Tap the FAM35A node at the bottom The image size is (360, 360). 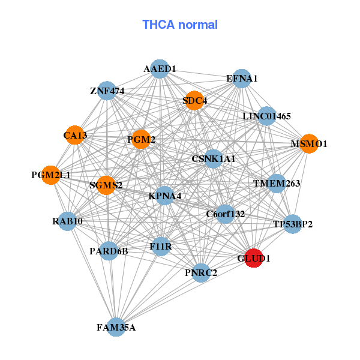[116, 327]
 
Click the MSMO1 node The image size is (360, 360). [308, 144]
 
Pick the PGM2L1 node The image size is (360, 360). [51, 175]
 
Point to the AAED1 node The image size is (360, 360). [159, 69]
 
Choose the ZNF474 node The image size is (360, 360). [107, 91]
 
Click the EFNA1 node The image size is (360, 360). [242, 78]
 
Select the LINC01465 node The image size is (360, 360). [266, 115]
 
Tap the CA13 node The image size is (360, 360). [75, 136]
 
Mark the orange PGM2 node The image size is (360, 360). [141, 139]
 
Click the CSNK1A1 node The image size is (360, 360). [213, 159]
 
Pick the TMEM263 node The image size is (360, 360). [276, 183]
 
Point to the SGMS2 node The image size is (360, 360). [106, 185]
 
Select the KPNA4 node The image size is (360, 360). [165, 196]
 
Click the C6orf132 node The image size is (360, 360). [225, 214]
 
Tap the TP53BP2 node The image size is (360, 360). [292, 224]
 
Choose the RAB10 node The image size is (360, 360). [67, 221]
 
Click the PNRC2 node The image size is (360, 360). [201, 273]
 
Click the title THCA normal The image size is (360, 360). [180, 25]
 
